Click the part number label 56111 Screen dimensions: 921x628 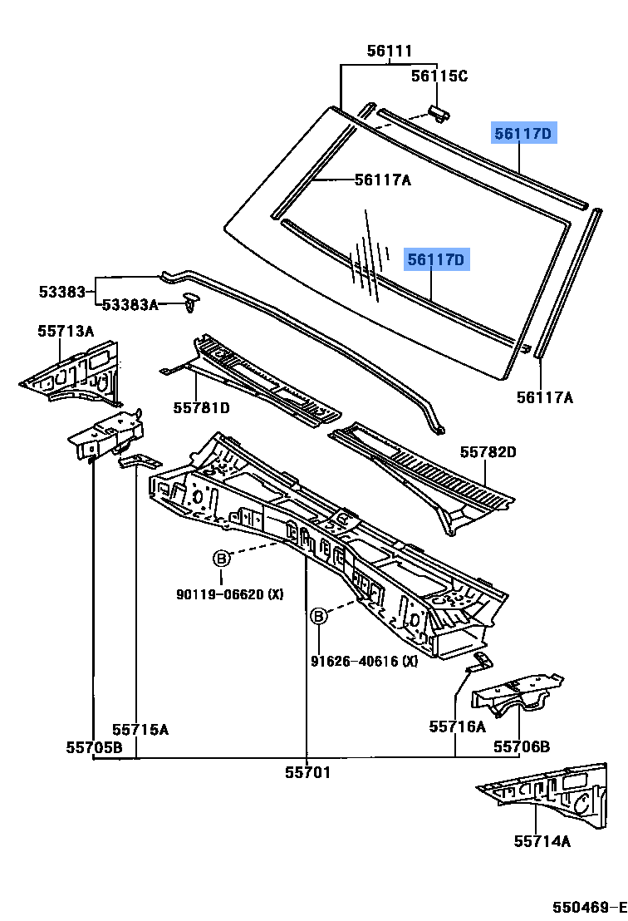tap(390, 51)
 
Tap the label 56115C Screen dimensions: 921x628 tap(439, 76)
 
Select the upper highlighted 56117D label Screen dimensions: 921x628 tap(523, 133)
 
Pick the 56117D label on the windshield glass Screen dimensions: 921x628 tap(437, 260)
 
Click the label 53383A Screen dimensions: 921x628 tap(130, 305)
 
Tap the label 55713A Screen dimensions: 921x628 tap(66, 331)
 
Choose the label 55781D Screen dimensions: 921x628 tap(201, 407)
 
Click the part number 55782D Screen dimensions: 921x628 tap(488, 452)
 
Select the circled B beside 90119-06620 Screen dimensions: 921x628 tap(221, 559)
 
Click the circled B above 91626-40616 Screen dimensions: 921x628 tap(319, 616)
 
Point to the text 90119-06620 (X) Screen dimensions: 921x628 tap(230, 594)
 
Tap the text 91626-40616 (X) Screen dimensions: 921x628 tap(365, 661)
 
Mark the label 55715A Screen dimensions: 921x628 tap(140, 729)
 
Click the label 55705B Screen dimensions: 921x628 tap(95, 747)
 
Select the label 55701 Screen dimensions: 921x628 tap(307, 772)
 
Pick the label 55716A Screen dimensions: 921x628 tap(457, 726)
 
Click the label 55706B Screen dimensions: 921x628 tap(522, 746)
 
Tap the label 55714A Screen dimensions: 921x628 tap(542, 841)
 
